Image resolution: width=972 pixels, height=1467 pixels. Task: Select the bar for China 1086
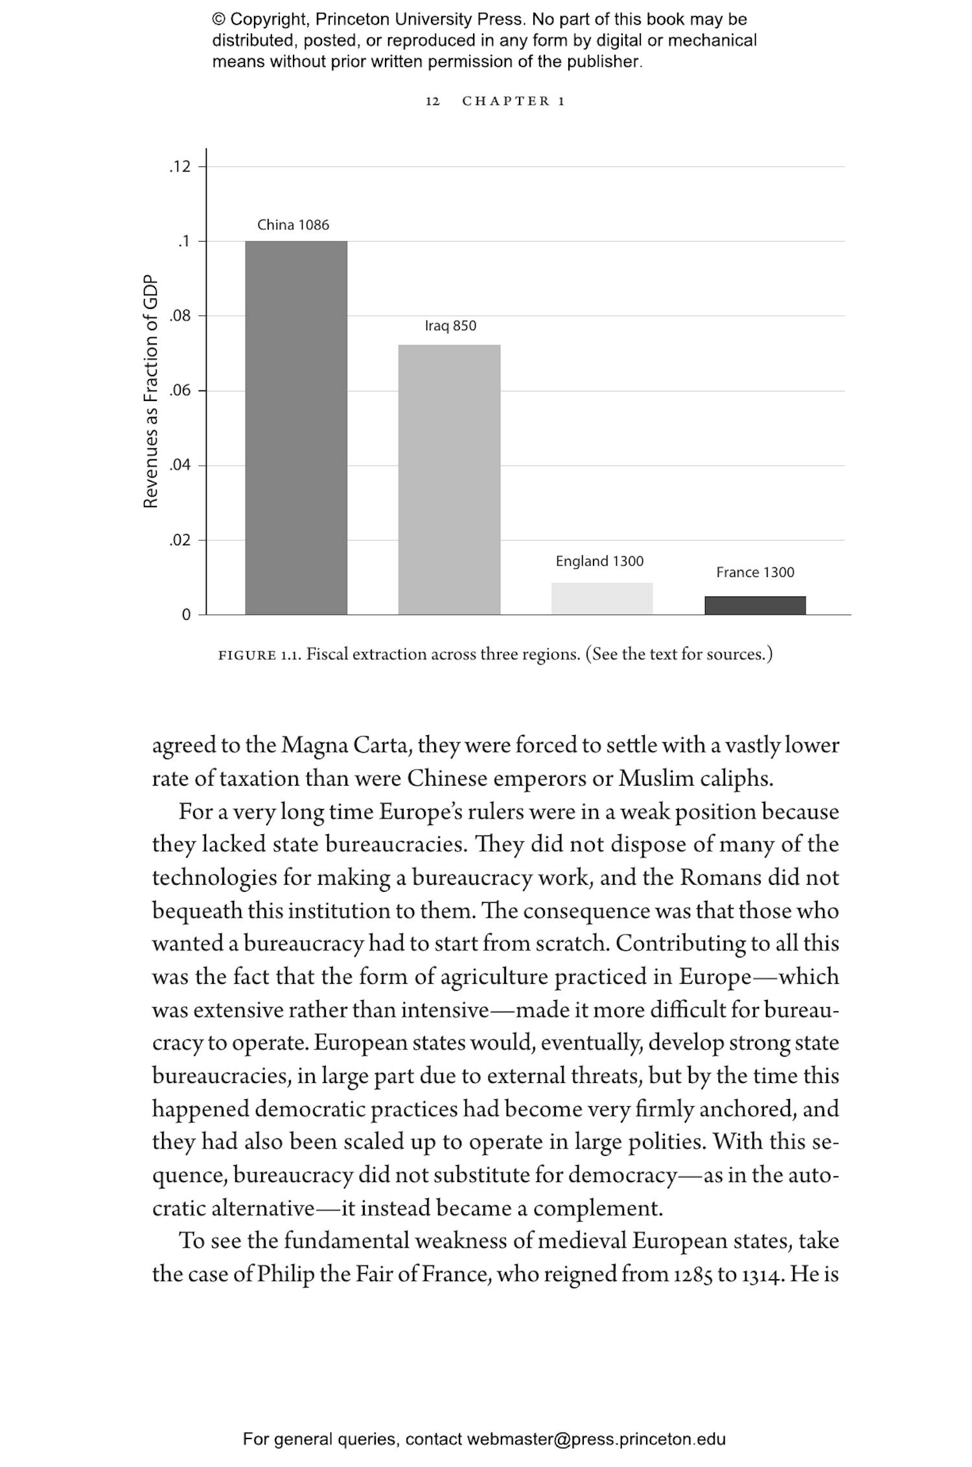[296, 427]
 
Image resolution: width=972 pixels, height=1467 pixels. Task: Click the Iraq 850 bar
[449, 479]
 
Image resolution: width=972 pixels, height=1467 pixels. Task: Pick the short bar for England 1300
[602, 598]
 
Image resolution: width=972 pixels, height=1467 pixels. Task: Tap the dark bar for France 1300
[755, 605]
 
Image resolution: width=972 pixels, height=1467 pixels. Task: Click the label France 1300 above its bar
[755, 572]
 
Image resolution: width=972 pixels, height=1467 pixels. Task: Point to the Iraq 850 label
[450, 326]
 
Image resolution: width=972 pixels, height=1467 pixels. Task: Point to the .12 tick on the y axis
[181, 167]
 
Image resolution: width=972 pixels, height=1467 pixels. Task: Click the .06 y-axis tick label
[181, 391]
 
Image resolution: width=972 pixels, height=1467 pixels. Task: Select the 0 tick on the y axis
[186, 615]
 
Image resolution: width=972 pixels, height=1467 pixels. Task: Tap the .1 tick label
[184, 242]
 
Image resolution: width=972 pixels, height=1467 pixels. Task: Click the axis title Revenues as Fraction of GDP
[150, 391]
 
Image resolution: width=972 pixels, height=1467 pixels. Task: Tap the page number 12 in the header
[432, 101]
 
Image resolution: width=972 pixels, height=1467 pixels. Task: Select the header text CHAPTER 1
[513, 101]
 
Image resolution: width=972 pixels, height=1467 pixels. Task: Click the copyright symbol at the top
[218, 19]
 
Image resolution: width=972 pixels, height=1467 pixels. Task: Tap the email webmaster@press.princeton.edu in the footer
[596, 1439]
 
